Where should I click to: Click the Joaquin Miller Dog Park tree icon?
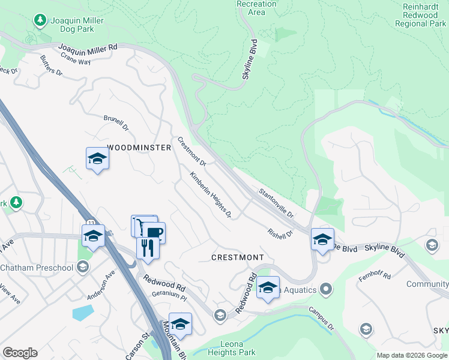[41, 21]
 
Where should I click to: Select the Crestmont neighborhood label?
[238, 257]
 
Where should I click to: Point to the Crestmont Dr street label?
[192, 152]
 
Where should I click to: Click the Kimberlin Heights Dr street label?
[211, 195]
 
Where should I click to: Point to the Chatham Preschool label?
[36, 268]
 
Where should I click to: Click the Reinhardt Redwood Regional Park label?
[420, 15]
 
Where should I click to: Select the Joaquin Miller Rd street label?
[88, 49]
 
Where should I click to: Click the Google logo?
[20, 353]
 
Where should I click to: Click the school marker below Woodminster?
[97, 159]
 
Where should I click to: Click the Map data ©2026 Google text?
[411, 355]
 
